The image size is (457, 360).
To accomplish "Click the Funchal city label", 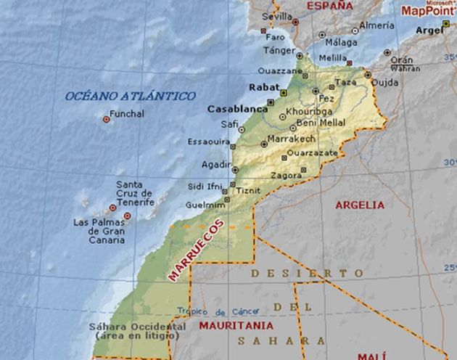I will [128, 114].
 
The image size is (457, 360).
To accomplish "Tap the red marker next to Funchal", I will [106, 119].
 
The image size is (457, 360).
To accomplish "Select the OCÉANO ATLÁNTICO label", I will [131, 96].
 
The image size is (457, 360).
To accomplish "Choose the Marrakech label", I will [291, 138].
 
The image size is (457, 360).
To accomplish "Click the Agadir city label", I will [216, 164].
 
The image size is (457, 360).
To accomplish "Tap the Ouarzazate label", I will [312, 153].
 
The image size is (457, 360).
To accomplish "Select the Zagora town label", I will [285, 175].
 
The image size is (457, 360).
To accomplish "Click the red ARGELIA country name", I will [360, 205].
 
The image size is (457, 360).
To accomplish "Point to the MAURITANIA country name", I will [236, 326].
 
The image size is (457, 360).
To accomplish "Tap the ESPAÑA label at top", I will [330, 6].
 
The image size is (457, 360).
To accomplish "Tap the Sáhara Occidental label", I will [137, 332].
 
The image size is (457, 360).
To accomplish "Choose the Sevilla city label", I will [277, 16].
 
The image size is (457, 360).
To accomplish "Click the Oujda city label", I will [384, 82].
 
